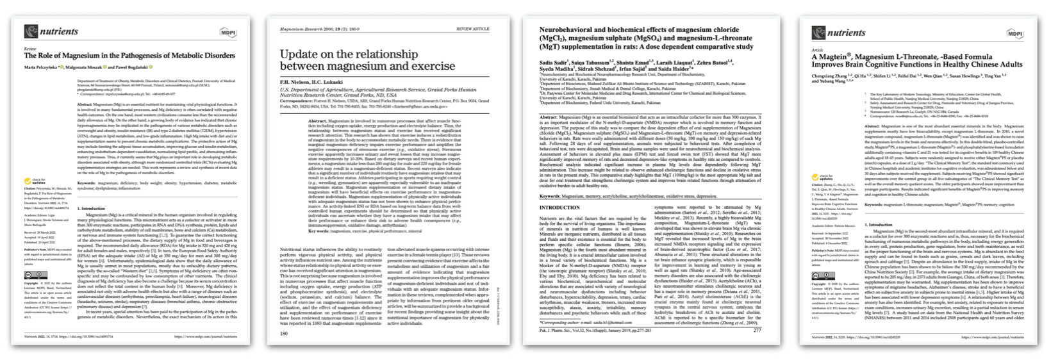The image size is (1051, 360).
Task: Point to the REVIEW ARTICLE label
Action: [472, 29]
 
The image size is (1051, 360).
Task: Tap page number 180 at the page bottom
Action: [285, 333]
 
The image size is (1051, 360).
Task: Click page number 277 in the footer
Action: [757, 331]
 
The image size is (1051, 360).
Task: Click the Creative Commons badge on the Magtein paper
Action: [820, 276]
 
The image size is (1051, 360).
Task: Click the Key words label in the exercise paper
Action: [320, 230]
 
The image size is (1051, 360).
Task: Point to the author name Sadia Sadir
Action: [555, 62]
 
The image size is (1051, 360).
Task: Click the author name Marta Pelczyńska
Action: [43, 67]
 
